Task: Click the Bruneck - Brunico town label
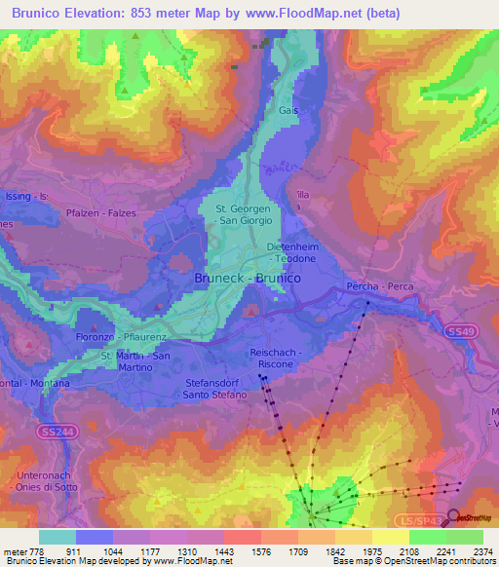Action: (x=246, y=278)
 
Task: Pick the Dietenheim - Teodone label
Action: (x=292, y=253)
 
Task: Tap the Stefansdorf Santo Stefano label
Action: (x=215, y=391)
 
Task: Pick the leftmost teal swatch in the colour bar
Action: (x=58, y=537)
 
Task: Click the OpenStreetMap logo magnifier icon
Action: (x=453, y=517)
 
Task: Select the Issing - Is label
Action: (x=26, y=196)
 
